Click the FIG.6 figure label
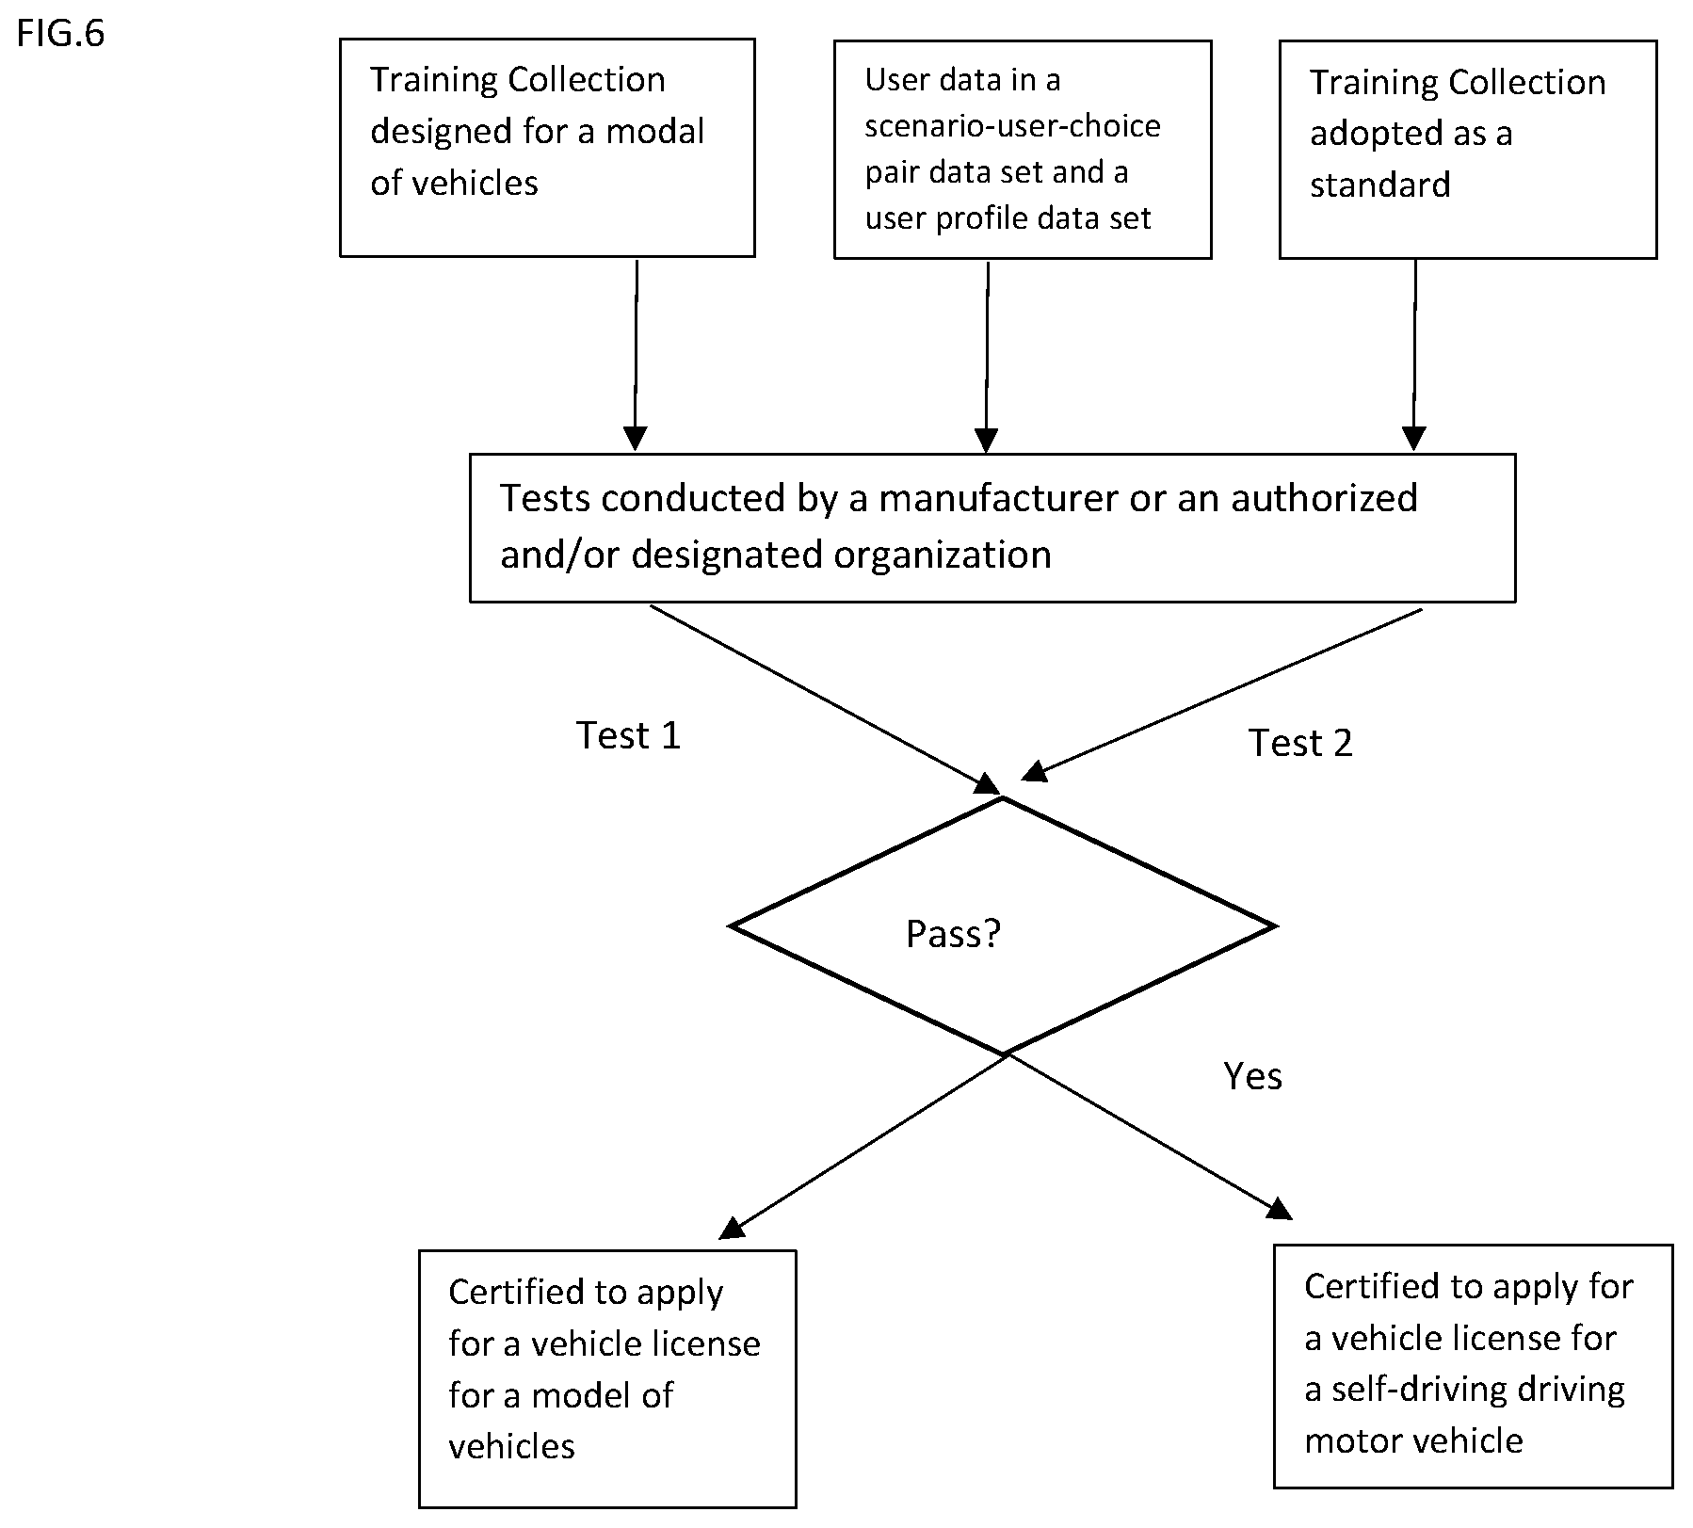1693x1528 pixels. coord(61,34)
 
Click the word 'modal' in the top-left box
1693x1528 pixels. coord(654,131)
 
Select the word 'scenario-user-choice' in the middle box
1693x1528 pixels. coord(1012,126)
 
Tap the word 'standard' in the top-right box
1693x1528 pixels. coord(1379,185)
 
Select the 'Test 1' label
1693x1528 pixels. coord(628,735)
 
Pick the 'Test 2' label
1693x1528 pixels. coord(1300,743)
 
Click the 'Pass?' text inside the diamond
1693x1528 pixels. coord(953,934)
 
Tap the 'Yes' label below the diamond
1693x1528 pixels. coord(1252,1076)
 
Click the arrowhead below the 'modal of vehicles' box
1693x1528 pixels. coord(636,438)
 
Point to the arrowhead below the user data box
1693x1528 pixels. coord(986,440)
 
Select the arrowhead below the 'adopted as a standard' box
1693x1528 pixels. coord(1413,438)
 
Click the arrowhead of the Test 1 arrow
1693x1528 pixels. coord(988,784)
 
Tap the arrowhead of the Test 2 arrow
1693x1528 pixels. coord(1035,771)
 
